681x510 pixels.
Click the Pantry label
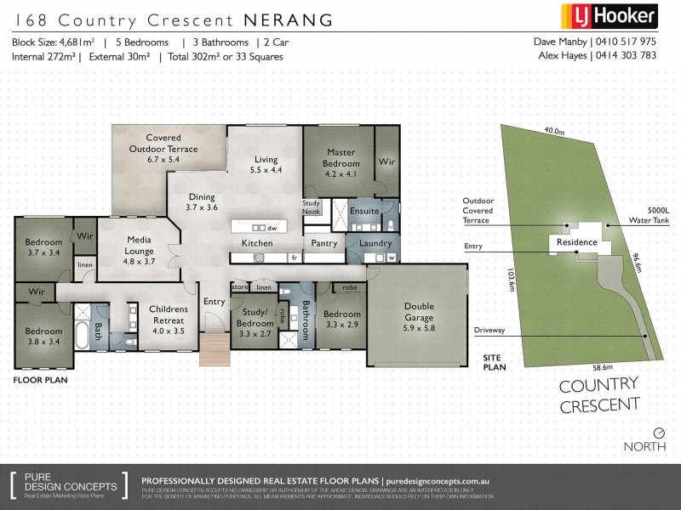pos(324,243)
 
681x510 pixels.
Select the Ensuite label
pos(364,210)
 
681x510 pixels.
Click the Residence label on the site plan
pos(576,242)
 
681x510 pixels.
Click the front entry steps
pos(215,348)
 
